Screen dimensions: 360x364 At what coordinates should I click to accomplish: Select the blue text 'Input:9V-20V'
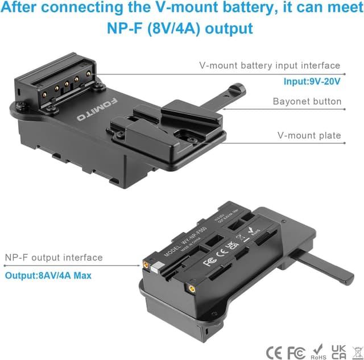click(312, 81)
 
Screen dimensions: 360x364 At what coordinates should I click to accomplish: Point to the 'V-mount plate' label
click(309, 135)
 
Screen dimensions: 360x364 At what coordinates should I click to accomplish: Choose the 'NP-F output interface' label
click(54, 258)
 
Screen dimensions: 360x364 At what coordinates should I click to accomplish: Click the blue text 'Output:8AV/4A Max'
click(49, 275)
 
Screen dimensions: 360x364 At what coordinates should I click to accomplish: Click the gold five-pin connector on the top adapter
click(61, 84)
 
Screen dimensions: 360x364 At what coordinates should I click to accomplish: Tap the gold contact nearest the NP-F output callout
click(147, 264)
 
